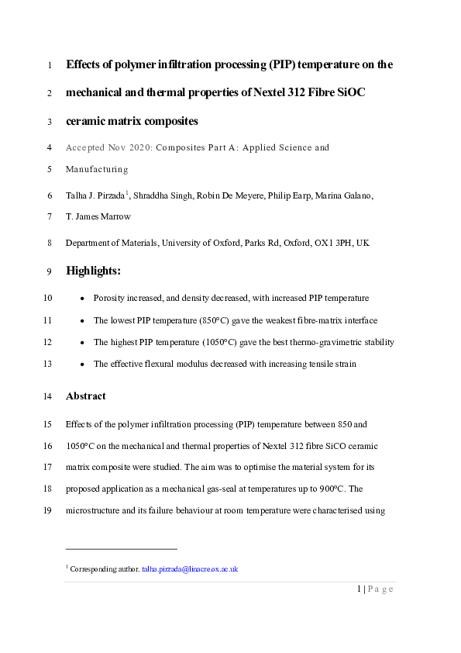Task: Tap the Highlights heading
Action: click(x=94, y=271)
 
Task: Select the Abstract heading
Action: click(x=86, y=396)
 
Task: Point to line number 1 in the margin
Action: click(x=50, y=65)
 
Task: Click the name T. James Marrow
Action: click(x=97, y=217)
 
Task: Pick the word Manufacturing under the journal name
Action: click(x=97, y=168)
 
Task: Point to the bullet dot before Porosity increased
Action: click(x=83, y=298)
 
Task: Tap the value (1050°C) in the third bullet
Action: click(x=222, y=342)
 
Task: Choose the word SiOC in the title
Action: click(x=349, y=93)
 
